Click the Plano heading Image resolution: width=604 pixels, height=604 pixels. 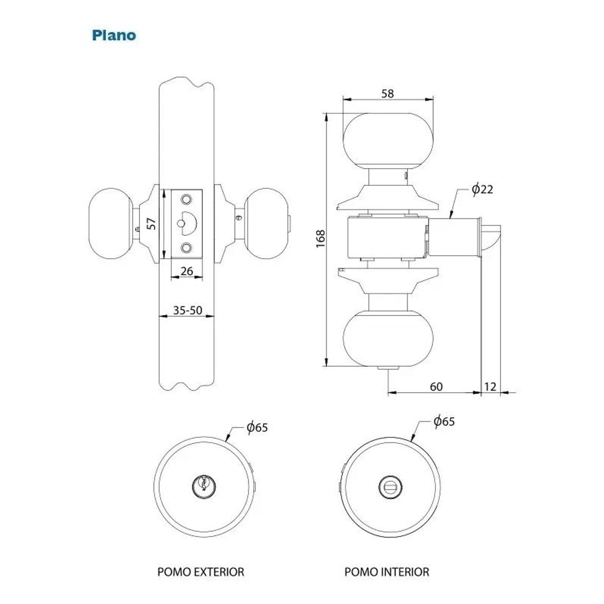tap(114, 35)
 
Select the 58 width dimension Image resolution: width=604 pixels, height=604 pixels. tap(388, 94)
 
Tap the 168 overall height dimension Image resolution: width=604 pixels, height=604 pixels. tap(320, 239)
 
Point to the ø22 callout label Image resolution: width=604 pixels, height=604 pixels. tap(482, 189)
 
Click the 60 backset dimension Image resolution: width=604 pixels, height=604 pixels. tap(436, 387)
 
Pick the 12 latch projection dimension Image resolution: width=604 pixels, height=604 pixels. tap(490, 387)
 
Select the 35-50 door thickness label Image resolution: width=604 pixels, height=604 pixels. tap(187, 310)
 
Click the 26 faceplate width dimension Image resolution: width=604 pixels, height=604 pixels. tap(187, 271)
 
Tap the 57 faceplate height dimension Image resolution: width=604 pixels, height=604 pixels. tap(152, 223)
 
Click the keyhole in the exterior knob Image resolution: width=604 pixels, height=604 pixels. tap(204, 486)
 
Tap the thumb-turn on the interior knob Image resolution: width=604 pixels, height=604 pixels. tap(391, 487)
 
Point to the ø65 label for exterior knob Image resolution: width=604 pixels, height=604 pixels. tap(257, 427)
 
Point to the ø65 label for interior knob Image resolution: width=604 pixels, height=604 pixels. tap(444, 421)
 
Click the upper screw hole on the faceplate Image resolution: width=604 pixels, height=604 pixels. tap(186, 199)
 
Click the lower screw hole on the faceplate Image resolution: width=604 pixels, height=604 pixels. tap(186, 248)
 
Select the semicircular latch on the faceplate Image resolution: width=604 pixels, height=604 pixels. tap(189, 223)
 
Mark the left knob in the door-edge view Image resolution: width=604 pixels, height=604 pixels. tap(110, 223)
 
